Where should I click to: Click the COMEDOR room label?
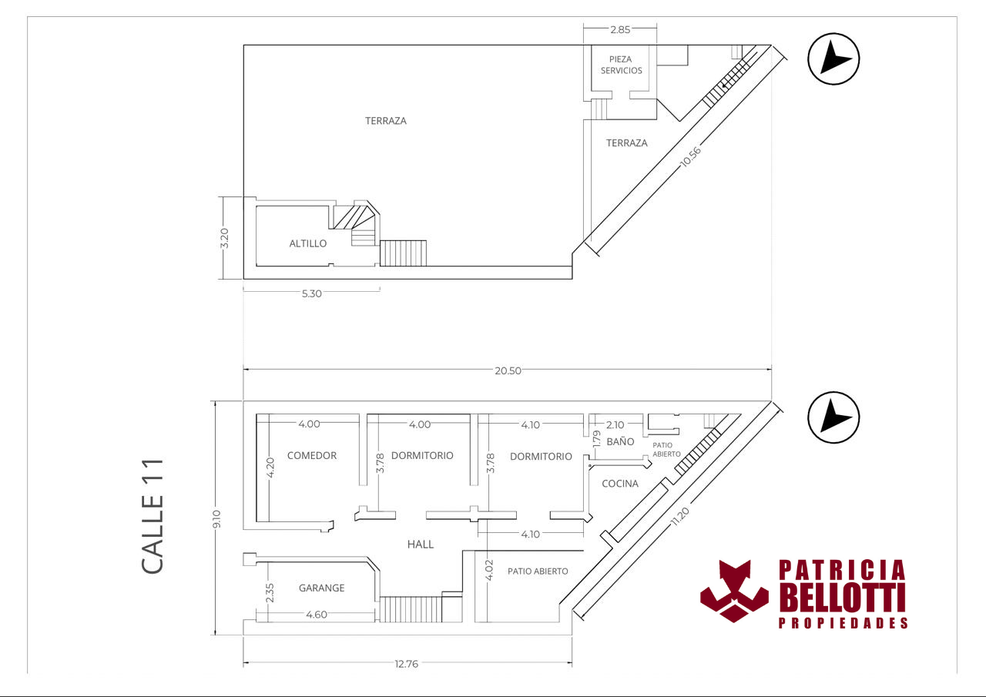pos(312,455)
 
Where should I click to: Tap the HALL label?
pos(421,545)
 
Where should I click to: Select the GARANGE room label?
pos(321,588)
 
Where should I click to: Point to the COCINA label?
pos(620,484)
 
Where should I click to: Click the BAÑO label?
pos(620,441)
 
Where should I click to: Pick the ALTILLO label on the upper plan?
pos(307,243)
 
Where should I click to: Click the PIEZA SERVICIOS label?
pos(621,65)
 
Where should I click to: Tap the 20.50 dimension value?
pos(508,370)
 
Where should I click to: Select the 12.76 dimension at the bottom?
pos(406,664)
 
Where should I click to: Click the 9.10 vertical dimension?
pos(216,519)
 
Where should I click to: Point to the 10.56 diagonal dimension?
pos(690,157)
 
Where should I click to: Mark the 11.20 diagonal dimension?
pos(679,517)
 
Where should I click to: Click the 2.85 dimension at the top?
pos(620,29)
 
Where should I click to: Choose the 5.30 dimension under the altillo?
pos(312,293)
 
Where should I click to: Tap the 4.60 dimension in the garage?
pos(317,615)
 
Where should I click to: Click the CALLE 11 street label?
pos(153,516)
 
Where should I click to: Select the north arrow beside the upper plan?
pos(833,59)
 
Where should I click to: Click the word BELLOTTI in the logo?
pos(843,598)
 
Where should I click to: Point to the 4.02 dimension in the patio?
pos(489,570)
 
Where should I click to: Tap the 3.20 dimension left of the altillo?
pos(224,238)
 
